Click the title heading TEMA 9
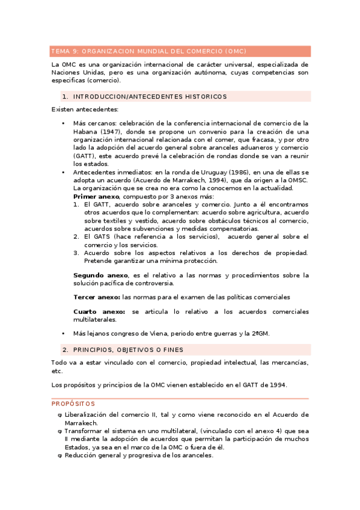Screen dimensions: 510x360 point(148,51)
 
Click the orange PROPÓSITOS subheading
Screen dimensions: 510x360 point(73,404)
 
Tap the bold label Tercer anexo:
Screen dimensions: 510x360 point(97,297)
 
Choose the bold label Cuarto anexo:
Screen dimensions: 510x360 point(99,312)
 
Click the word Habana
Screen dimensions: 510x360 point(85,132)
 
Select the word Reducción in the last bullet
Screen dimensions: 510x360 point(82,456)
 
